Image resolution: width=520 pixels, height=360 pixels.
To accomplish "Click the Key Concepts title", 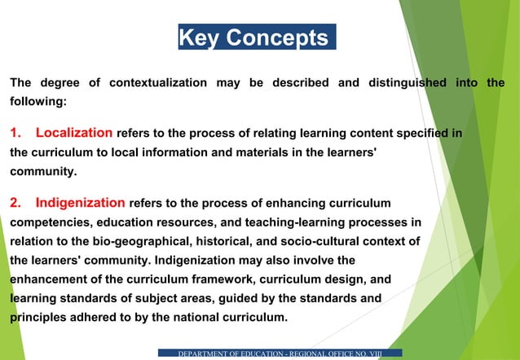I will pos(257,37).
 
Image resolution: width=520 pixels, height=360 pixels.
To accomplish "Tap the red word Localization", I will pos(74,132).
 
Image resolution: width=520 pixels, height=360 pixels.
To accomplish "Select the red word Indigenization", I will pos(81,202).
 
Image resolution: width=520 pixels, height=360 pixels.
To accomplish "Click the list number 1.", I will pos(15,132).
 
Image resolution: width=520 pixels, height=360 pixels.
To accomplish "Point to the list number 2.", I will pos(15,202).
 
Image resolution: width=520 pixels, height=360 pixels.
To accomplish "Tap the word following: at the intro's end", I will pos(37,103).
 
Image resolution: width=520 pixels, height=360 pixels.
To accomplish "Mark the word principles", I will pos(39,318).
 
